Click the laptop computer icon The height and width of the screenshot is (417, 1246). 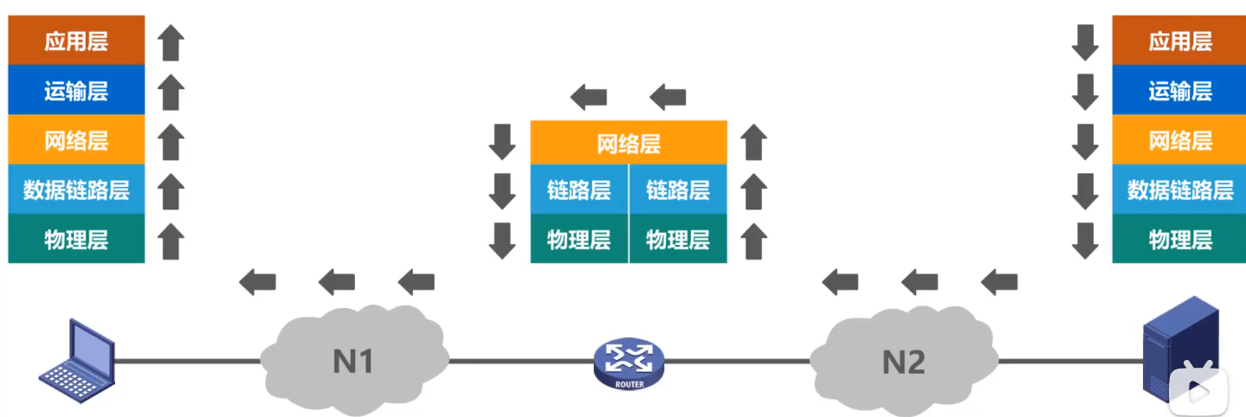(78, 361)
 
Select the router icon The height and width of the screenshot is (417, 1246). (629, 363)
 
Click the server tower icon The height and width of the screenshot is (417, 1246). (1179, 350)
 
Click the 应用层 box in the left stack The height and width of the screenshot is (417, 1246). (76, 41)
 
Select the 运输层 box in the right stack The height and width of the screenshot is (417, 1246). (1180, 91)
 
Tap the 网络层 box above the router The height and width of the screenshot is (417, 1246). (629, 142)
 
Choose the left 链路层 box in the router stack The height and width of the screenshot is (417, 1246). (579, 189)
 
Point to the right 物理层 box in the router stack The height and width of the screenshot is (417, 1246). (678, 239)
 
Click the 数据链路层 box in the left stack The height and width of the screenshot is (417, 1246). (76, 189)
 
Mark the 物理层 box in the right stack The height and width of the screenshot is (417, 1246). (1180, 239)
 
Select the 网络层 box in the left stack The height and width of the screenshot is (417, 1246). (76, 140)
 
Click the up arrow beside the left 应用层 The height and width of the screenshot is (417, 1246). (172, 42)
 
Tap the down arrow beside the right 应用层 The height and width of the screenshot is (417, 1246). (1085, 42)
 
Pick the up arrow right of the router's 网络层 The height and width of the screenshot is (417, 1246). (754, 142)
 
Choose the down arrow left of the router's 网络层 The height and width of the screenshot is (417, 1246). (502, 142)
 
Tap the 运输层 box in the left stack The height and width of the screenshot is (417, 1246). (76, 91)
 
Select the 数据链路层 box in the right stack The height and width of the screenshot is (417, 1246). (1180, 189)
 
